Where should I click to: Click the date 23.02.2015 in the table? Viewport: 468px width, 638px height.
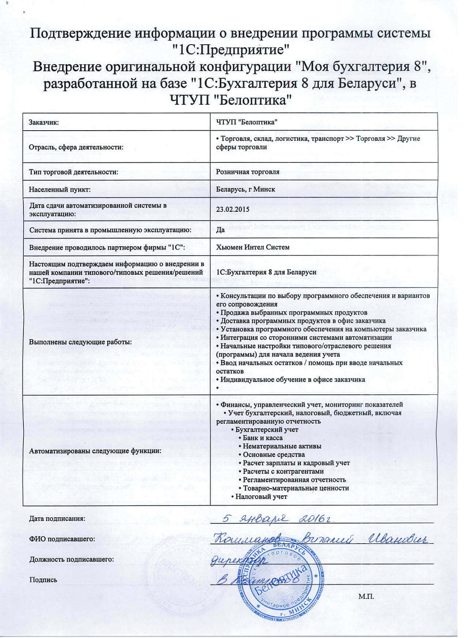(233, 209)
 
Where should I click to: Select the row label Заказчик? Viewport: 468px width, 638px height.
(44, 122)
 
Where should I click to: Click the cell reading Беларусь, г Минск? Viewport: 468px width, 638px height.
(245, 189)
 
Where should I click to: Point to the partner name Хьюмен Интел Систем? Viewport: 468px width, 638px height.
(252, 247)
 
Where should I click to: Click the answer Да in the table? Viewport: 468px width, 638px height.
(220, 230)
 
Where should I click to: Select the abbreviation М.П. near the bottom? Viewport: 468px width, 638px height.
(366, 596)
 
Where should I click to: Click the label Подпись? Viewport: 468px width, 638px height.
(43, 580)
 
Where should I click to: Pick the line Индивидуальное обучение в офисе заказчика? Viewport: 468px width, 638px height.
(292, 379)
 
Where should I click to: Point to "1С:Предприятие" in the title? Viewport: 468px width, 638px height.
(231, 50)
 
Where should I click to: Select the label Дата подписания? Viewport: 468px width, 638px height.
(57, 518)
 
